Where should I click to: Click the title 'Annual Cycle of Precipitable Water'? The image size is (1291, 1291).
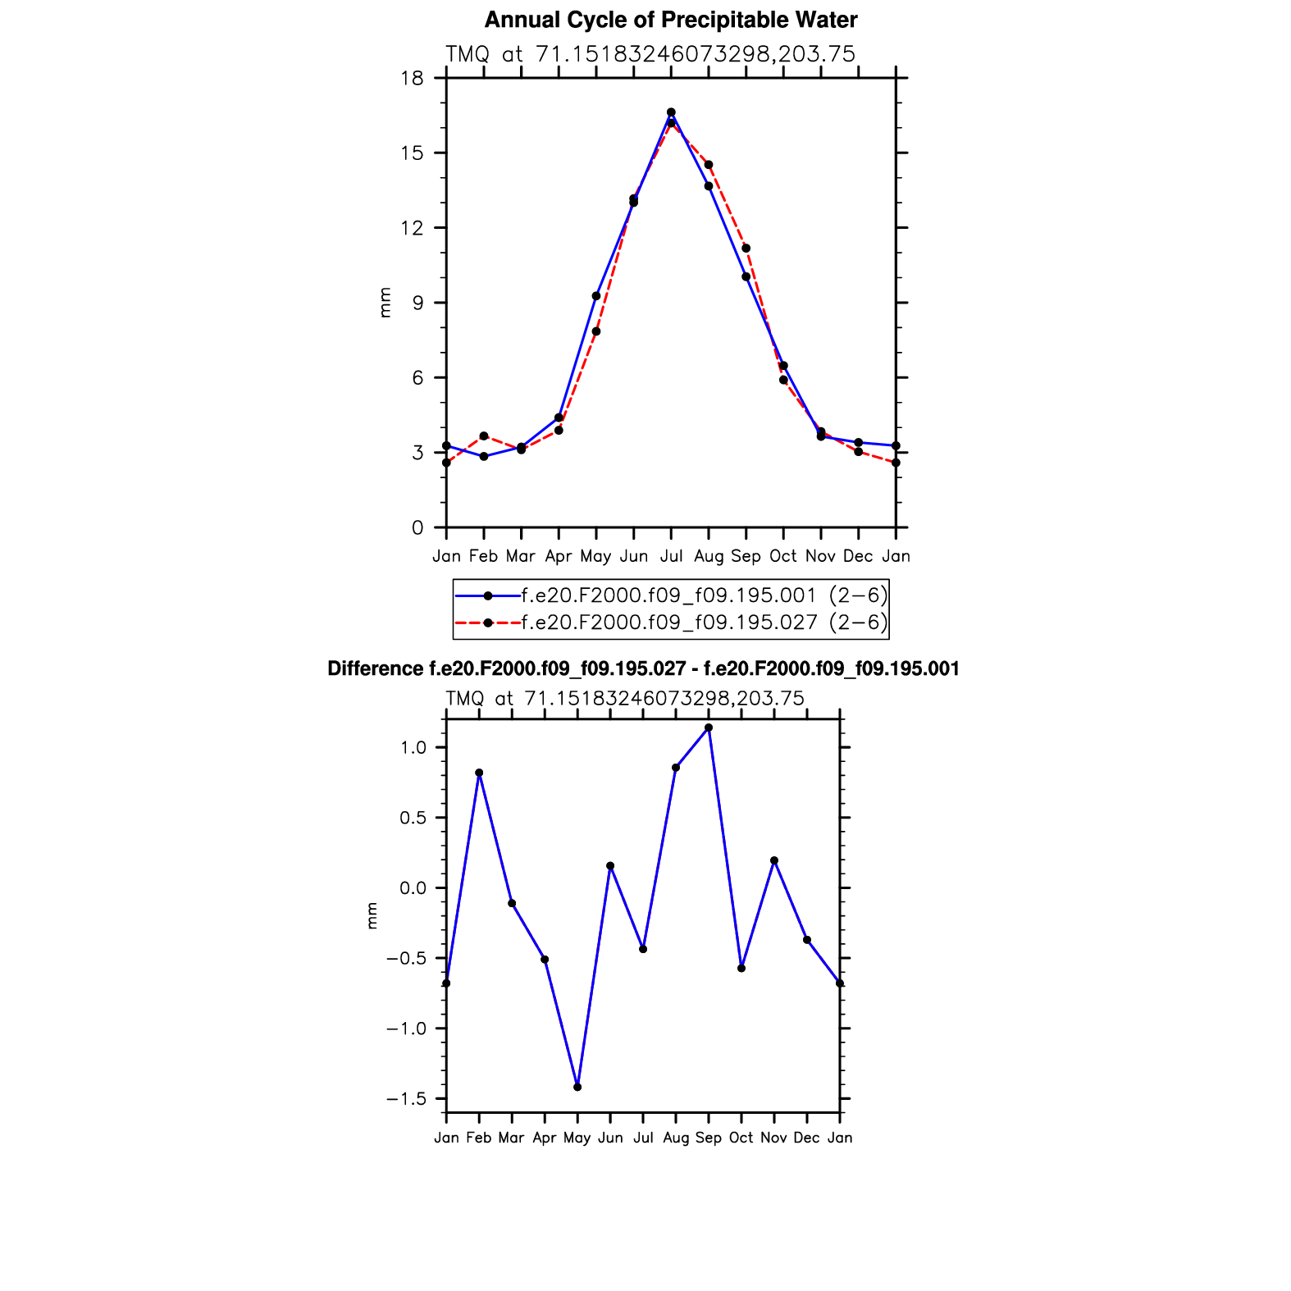[670, 20]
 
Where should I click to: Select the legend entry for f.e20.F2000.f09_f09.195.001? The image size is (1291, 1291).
[670, 595]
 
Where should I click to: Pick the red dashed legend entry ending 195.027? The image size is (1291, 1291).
[670, 623]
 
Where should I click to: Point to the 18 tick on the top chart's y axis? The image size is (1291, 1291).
[413, 79]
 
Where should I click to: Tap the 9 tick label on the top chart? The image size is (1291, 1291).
[417, 303]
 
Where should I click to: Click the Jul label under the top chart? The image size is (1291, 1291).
[671, 556]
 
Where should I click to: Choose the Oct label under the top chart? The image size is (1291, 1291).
[783, 556]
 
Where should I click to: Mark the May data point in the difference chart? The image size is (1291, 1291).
[577, 1087]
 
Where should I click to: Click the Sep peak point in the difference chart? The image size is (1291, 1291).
[709, 728]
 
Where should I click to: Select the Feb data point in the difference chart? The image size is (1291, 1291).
[479, 773]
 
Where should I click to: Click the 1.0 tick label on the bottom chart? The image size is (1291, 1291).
[413, 747]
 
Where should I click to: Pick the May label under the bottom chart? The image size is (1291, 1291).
[577, 1138]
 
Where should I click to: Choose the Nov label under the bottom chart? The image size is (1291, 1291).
[773, 1138]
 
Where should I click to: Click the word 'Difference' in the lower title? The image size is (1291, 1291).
[375, 668]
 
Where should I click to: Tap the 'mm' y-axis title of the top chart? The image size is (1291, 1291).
[385, 303]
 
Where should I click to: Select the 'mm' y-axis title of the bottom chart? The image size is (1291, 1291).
[372, 915]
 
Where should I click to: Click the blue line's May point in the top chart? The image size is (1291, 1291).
[596, 296]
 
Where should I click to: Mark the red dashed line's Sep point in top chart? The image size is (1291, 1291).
[746, 249]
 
